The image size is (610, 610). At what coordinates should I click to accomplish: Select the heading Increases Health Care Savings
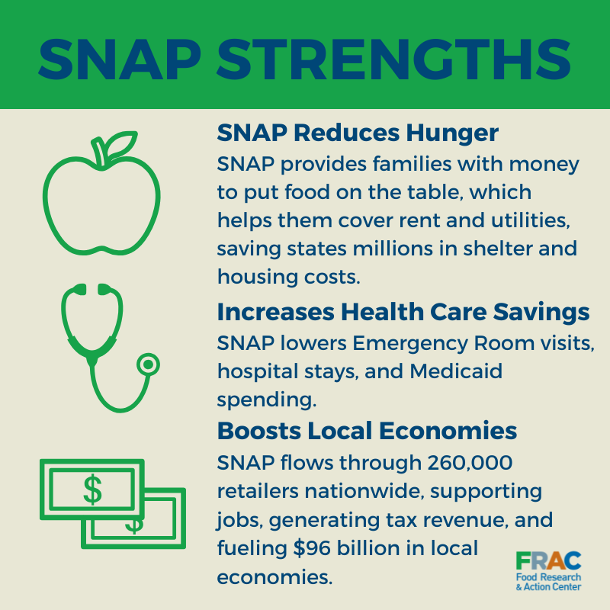pos(403,312)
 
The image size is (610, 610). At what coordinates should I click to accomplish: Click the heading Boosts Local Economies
pos(367,431)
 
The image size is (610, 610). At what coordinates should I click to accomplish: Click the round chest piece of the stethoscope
pos(149,365)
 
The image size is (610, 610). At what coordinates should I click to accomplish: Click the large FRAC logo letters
pos(547,563)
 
